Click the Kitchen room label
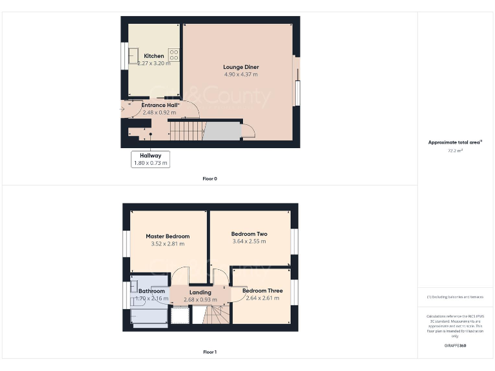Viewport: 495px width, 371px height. pos(153,56)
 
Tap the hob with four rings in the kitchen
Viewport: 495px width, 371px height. pos(173,55)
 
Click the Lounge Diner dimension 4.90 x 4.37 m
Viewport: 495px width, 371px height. pos(240,74)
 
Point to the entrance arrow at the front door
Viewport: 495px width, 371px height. pos(124,109)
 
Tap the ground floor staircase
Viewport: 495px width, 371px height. pos(186,132)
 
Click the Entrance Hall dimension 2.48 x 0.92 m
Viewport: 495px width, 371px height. pos(154,112)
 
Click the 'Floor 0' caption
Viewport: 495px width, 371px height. pos(209,178)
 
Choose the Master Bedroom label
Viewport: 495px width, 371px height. pos(168,236)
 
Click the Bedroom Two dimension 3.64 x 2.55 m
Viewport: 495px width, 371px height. pos(249,242)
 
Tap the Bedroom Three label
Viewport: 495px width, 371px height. pos(262,290)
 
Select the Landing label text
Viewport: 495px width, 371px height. pos(200,292)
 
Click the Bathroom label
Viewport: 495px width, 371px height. pos(152,291)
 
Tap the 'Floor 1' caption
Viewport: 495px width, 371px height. pos(209,352)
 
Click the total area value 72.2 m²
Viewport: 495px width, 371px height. pos(456,151)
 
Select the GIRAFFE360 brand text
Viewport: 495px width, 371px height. pos(455,346)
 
